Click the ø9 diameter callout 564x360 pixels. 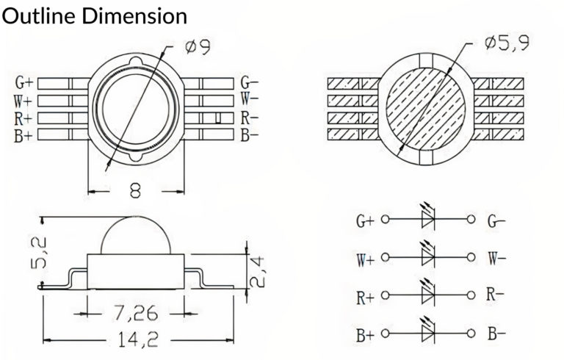[198, 47]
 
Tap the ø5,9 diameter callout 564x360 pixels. [507, 43]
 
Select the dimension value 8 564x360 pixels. [135, 191]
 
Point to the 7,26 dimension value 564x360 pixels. [135, 313]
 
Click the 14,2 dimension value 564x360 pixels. [138, 339]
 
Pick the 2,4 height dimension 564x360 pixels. [257, 272]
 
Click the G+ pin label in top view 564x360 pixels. [24, 83]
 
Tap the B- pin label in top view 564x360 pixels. [249, 135]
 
